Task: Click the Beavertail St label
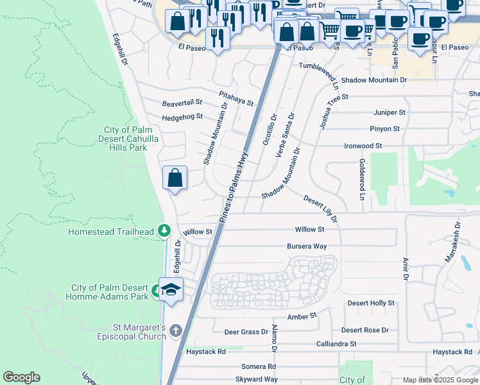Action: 182,103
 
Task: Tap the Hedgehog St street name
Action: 182,117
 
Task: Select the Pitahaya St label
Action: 236,98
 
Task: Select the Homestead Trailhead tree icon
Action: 164,230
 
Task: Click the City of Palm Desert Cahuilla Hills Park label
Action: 124,139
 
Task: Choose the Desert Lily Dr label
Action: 320,210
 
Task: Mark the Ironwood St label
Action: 363,146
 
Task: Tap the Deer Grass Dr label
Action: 246,332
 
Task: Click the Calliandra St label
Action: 336,344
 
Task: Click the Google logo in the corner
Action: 21,377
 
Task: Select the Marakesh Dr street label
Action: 452,243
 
